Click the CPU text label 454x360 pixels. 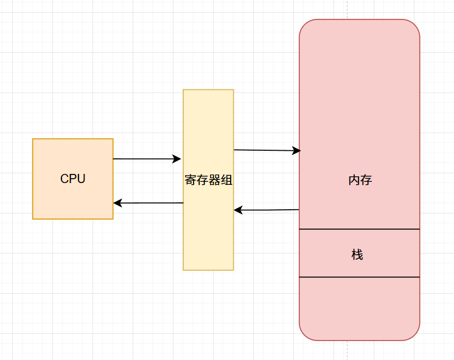(72, 179)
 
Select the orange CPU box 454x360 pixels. (72, 179)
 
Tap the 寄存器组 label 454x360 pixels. (209, 180)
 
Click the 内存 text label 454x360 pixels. (360, 180)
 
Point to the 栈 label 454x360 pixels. (357, 255)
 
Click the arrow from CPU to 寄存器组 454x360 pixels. (147, 159)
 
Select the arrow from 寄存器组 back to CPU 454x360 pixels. (148, 203)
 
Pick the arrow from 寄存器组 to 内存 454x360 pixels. (267, 150)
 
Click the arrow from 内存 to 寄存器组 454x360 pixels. (267, 210)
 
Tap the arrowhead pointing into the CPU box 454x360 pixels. (117, 203)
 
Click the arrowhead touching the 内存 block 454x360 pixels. (297, 150)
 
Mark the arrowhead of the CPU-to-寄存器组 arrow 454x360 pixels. (177, 159)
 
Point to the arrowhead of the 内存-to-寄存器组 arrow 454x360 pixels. (238, 210)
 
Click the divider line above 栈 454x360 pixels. (359, 229)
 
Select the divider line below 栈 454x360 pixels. (359, 277)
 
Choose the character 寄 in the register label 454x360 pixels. (190, 180)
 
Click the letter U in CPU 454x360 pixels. (81, 179)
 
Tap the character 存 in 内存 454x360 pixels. (366, 180)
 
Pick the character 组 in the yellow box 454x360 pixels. (227, 180)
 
